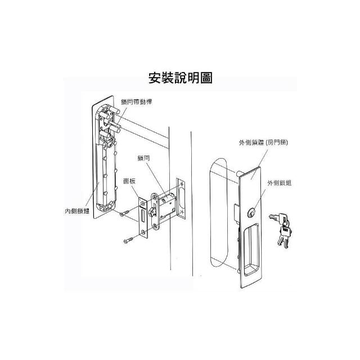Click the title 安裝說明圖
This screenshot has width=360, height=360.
pos(180,78)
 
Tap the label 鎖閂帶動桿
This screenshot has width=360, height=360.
pos(136,102)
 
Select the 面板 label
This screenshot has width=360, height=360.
pos(129,181)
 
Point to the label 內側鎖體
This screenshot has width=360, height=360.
pos(77,211)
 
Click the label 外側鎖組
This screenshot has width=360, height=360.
pos(280,183)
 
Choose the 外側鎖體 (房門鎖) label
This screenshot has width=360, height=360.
pos(263,142)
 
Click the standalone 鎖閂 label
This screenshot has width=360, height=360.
pos(144,158)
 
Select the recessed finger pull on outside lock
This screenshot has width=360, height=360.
pos(251,249)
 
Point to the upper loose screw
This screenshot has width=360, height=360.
pos(124,213)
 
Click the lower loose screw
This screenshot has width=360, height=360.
pos(129,240)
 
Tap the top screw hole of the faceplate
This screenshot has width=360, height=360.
pos(143,204)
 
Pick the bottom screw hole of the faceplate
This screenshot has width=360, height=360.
pos(143,231)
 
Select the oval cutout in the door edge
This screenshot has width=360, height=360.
pos(181,197)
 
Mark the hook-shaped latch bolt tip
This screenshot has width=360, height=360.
pos(151,212)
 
